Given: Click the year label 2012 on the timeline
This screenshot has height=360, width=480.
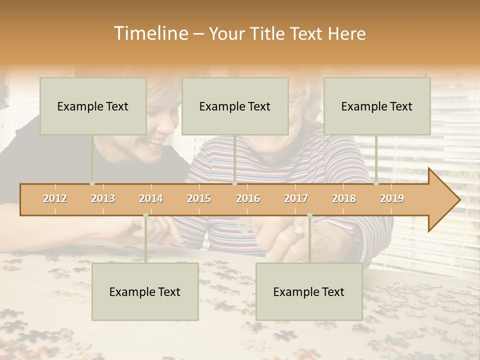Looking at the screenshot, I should point(55,198).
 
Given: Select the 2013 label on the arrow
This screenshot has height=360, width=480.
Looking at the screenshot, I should point(103,198).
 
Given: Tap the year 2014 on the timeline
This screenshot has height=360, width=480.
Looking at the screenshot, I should point(151,198).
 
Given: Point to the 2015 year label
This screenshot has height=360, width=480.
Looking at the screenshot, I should point(199,198).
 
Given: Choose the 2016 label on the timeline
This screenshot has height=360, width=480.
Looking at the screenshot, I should point(248,198).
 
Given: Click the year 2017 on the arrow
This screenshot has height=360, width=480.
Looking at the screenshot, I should point(296,198).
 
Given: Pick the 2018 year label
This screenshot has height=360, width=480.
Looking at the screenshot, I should point(344,198).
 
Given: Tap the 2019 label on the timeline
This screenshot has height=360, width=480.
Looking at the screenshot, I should point(392,198).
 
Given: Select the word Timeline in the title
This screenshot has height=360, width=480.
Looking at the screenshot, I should point(149,33).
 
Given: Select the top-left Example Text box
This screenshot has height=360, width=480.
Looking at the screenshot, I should point(93,106).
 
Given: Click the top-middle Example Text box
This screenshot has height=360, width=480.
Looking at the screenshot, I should point(235,106).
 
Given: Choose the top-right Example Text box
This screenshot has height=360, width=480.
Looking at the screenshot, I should point(377,106).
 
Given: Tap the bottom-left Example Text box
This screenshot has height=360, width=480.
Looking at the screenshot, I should point(145,291).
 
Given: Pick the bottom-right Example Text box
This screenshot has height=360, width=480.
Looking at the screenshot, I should point(309,291).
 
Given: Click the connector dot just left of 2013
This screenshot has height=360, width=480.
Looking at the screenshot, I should point(92,183).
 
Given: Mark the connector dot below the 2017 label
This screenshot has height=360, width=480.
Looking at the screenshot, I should point(309,215).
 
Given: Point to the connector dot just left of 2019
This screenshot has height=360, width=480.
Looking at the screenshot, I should point(376,183).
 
